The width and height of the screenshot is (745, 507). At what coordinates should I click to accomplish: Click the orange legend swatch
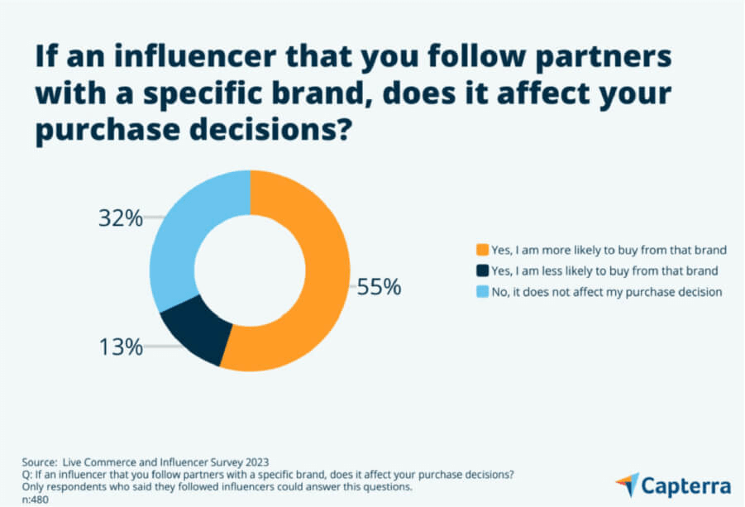[482, 249]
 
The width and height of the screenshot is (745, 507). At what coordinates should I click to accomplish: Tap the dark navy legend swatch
[482, 270]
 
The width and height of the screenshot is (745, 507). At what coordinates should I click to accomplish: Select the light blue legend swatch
[482, 292]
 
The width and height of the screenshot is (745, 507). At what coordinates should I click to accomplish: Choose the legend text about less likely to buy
[604, 270]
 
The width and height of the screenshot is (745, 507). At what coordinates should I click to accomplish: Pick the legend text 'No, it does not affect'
[606, 292]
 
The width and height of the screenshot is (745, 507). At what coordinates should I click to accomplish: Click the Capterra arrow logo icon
[626, 484]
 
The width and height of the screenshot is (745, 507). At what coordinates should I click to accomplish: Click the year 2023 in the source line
[256, 461]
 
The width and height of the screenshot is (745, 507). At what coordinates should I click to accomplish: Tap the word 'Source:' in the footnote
[41, 461]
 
